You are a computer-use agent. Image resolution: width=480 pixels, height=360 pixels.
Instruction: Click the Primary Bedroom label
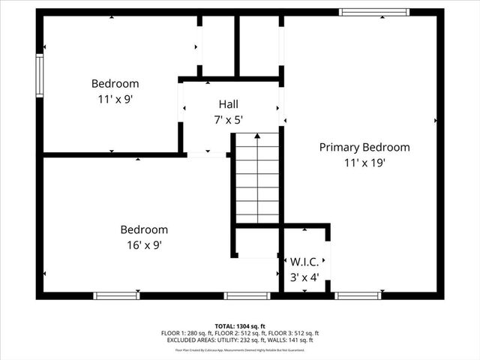[x=364, y=148]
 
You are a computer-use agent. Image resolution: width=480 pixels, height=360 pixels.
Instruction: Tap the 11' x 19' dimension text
[x=364, y=162]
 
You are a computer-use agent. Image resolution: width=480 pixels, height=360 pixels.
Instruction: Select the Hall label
[x=229, y=104]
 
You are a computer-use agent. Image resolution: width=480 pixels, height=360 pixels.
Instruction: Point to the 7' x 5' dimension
[x=229, y=118]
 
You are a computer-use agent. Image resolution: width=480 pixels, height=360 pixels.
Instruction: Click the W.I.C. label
[x=304, y=262]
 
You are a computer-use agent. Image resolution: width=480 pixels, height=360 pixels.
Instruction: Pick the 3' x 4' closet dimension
[x=304, y=277]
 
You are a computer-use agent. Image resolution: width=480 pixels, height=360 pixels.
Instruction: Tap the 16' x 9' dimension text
[x=144, y=244]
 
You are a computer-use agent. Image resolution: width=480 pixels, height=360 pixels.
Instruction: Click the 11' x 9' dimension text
[x=115, y=98]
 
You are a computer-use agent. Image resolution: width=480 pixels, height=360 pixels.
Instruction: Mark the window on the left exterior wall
[x=40, y=75]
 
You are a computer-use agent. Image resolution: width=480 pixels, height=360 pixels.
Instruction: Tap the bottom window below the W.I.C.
[x=358, y=295]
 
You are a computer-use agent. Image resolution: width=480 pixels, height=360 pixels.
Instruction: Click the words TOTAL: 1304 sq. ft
[x=240, y=326]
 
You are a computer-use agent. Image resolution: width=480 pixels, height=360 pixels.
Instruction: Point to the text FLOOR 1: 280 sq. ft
[x=185, y=333]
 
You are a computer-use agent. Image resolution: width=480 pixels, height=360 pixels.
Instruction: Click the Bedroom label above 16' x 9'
[x=144, y=229]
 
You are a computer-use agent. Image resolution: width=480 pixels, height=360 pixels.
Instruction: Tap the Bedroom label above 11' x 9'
[x=115, y=84]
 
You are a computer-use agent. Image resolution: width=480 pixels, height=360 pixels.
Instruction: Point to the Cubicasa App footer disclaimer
[x=240, y=349]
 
